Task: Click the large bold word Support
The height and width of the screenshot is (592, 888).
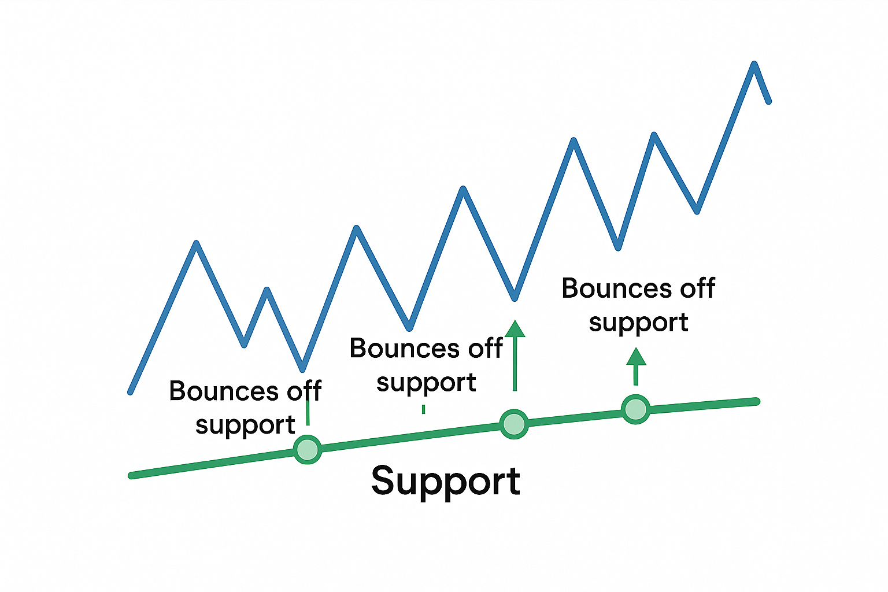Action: [445, 481]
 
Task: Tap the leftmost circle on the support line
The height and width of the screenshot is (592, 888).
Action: [307, 449]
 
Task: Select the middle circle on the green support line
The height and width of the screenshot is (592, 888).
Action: [513, 424]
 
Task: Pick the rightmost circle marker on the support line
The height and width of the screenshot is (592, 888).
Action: [635, 409]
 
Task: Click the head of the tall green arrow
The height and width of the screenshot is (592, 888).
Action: [515, 329]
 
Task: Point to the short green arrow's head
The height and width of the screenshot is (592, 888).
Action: [636, 357]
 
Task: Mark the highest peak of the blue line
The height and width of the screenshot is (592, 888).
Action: [754, 64]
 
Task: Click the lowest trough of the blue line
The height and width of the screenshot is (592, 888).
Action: [302, 369]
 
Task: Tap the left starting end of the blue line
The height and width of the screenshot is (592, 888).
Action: [131, 392]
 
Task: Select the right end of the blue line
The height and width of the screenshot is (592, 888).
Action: [768, 102]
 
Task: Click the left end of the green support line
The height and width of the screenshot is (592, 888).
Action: [131, 476]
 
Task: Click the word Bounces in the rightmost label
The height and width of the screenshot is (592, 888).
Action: [616, 288]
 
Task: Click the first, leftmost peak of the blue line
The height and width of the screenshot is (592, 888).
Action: [197, 243]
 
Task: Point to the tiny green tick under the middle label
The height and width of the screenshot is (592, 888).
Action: [424, 409]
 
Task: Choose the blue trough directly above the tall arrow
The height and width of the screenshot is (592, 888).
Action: [514, 298]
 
